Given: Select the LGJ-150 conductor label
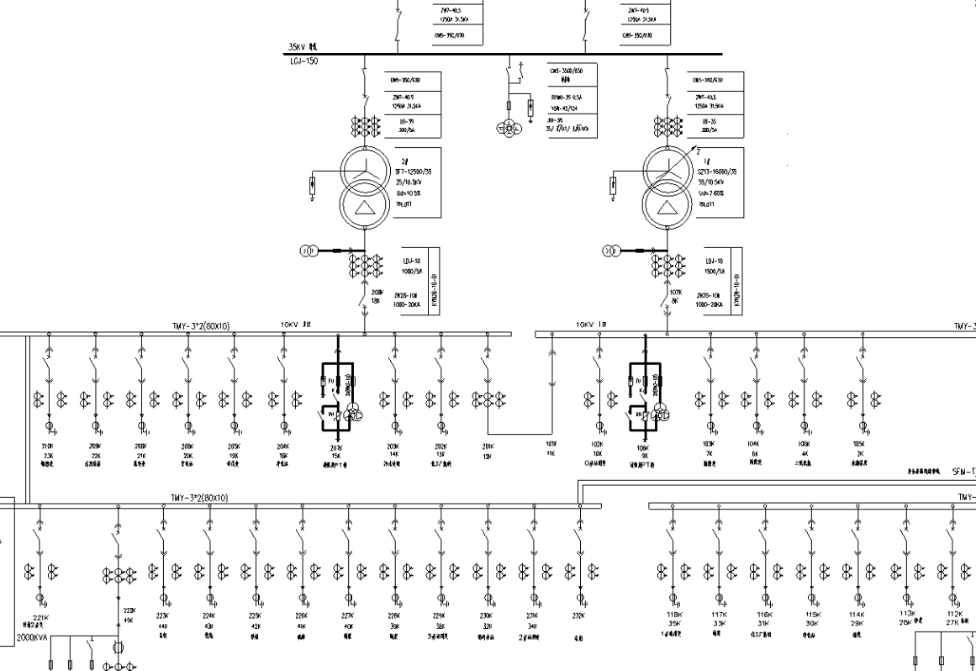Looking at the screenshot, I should click(295, 61).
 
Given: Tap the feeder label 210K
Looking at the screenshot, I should click(47, 446).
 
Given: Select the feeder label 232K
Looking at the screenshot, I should click(578, 616).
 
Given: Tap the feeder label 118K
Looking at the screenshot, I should click(673, 615).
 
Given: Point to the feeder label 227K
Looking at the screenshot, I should click(347, 616).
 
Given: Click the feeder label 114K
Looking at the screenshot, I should click(856, 615).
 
